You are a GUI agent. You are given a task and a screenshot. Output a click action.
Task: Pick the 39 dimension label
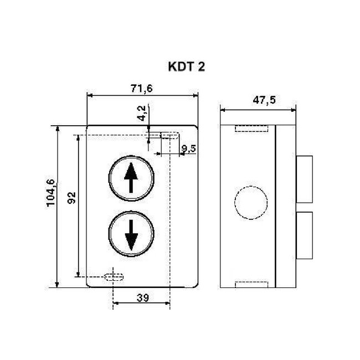click(142, 298)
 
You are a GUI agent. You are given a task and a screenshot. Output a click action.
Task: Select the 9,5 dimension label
click(189, 148)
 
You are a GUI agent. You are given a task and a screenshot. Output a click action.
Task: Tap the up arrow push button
click(131, 177)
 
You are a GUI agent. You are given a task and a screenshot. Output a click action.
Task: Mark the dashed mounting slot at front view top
click(169, 135)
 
